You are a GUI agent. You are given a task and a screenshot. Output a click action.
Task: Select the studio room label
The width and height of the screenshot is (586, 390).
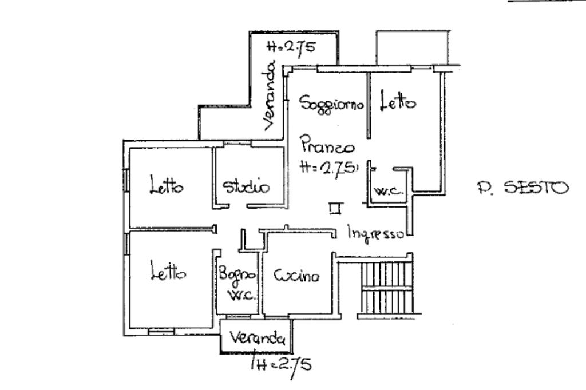point(246,186)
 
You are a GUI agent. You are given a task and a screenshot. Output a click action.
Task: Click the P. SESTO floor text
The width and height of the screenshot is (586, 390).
point(522,187)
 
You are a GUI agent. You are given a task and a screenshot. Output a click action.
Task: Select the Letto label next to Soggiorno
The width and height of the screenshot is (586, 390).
point(398,103)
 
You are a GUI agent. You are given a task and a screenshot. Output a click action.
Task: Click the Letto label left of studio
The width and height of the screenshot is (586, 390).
point(167,186)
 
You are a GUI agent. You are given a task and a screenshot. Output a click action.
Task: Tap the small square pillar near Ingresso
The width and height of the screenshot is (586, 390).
point(335,209)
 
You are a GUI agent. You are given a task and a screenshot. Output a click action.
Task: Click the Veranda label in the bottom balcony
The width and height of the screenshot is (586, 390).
point(257,338)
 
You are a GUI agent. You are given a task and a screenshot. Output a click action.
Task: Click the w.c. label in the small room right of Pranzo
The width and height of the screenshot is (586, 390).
point(387,192)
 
